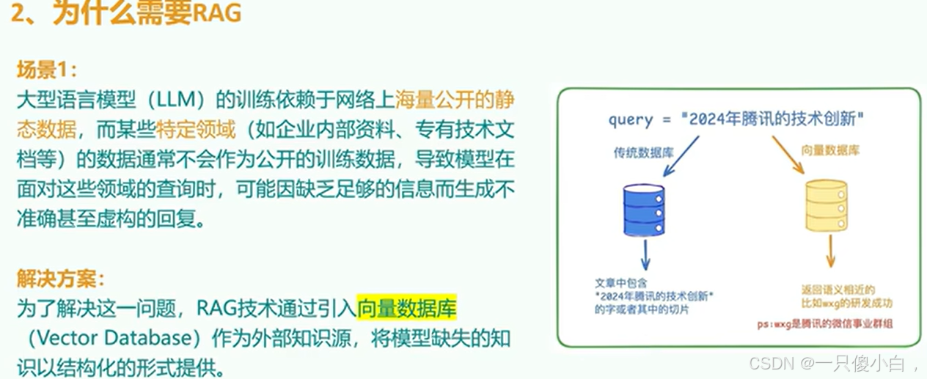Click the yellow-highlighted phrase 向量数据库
point(407,309)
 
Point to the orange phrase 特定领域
point(197,130)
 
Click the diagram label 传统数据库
point(643,153)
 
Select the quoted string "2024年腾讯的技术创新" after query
point(773,119)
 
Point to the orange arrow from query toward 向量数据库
point(787,155)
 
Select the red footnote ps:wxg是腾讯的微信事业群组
point(829,323)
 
